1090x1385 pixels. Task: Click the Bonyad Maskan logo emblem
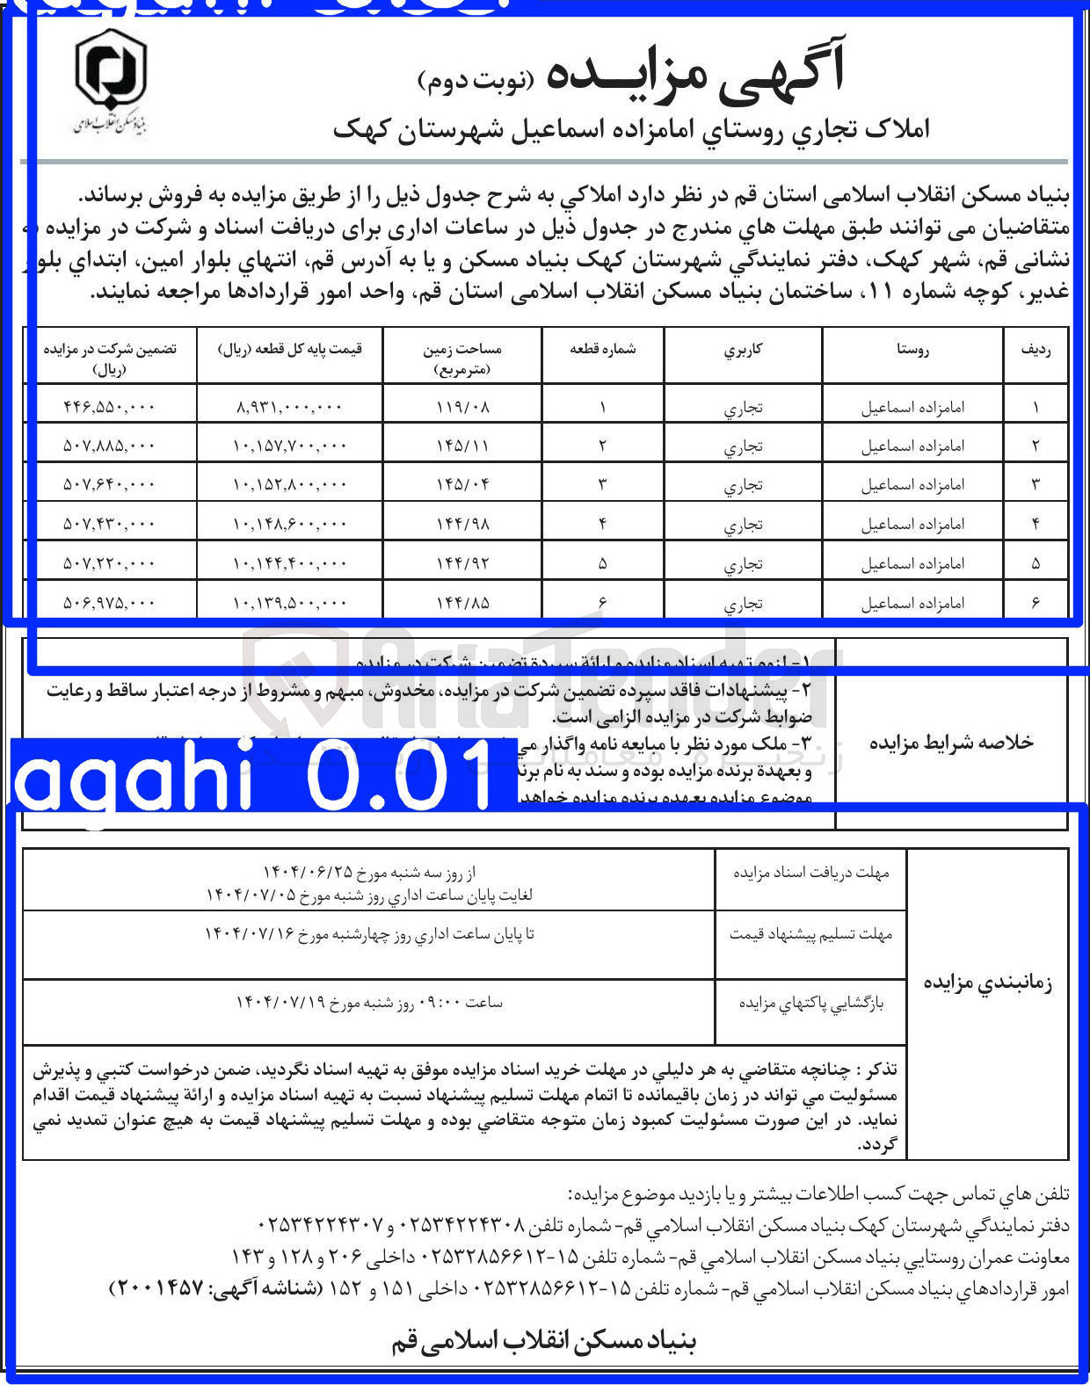pos(110,70)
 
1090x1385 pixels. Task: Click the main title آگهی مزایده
pos(694,72)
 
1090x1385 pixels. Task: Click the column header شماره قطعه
pos(603,349)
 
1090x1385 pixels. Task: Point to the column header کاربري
pos(743,349)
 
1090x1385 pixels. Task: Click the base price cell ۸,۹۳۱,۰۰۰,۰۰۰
pos(290,407)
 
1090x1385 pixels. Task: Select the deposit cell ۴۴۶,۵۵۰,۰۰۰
pos(110,407)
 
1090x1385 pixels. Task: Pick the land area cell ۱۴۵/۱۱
pos(462,446)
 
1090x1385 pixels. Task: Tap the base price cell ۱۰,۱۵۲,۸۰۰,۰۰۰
pos(290,484)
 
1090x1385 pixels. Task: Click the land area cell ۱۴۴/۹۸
pos(462,524)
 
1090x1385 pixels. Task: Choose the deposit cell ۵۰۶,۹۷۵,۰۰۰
pos(110,603)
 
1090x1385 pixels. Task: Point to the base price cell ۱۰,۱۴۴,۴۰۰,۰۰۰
pos(290,563)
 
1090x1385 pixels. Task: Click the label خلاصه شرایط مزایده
pos(951,743)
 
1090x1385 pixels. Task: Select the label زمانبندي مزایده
pos(988,982)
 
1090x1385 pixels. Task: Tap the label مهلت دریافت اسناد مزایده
pos(810,873)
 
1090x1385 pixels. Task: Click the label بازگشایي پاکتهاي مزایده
pos(810,1003)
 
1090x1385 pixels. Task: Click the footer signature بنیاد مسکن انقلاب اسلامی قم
pos(543,1342)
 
